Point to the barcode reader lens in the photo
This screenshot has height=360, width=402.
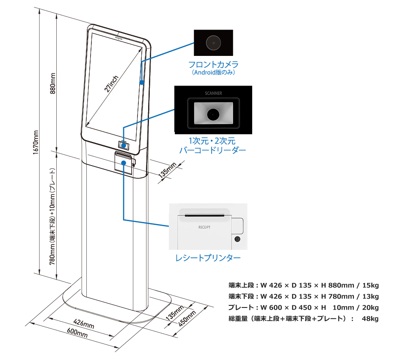coord(213,114)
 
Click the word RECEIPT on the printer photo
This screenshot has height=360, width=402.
coord(204,227)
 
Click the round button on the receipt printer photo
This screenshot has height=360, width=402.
coord(237,240)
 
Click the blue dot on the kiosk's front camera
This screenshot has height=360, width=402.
coord(142,82)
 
